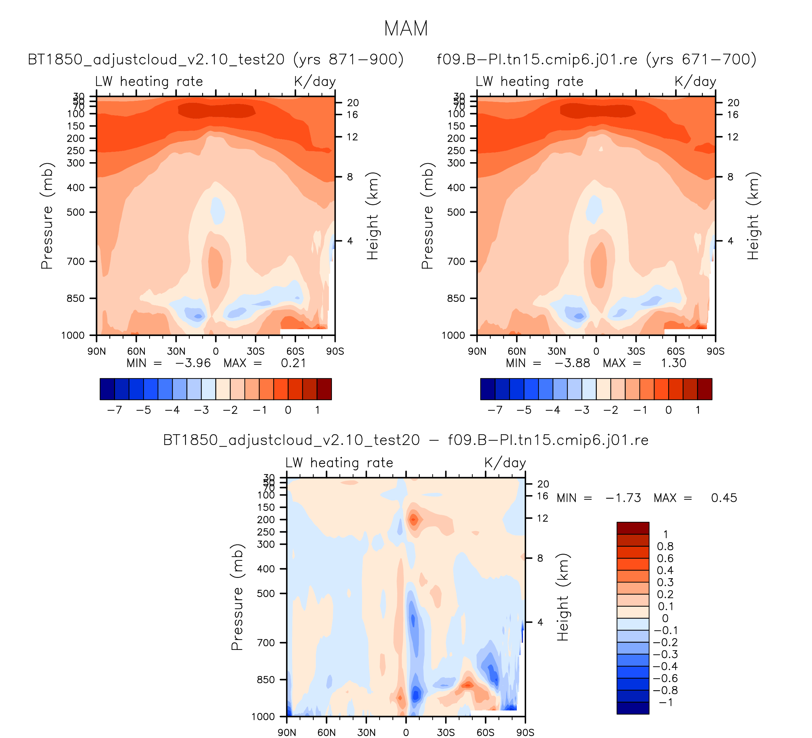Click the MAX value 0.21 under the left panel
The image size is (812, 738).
coord(293,363)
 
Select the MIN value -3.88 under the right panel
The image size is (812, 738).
coord(572,363)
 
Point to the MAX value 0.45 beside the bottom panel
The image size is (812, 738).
coord(724,498)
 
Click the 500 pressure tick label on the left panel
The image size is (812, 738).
coord(75,212)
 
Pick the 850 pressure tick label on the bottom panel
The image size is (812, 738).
coord(266,680)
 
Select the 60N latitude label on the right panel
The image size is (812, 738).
coord(517,352)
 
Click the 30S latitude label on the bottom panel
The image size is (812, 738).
coord(446,733)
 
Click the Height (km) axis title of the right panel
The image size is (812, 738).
coord(752,216)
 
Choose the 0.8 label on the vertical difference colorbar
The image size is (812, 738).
coord(665,546)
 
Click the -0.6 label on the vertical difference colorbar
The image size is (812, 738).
coord(665,678)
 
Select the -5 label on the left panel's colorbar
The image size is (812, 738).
coord(143,410)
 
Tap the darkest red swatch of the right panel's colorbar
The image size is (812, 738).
coord(704,389)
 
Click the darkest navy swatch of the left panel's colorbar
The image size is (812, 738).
coord(107,389)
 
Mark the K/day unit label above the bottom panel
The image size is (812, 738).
coord(505,463)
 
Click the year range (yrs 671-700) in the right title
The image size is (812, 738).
coord(701,60)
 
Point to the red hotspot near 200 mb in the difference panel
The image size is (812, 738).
coord(413,520)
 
